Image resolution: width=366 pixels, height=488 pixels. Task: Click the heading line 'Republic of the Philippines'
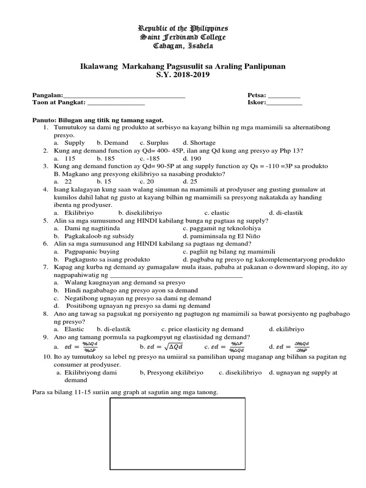click(183, 28)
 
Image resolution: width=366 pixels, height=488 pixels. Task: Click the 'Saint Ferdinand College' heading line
click(183, 37)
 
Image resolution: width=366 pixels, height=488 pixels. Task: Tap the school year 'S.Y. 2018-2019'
click(183, 75)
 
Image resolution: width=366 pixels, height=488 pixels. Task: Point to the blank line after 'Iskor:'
click(284, 103)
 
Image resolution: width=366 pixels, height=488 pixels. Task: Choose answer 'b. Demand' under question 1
click(112, 143)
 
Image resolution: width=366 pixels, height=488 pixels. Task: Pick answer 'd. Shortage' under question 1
click(199, 143)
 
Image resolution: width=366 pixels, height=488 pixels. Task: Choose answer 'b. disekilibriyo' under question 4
click(140, 213)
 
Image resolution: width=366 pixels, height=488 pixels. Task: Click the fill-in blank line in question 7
click(176, 275)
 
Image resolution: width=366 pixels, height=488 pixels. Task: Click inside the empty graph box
click(178, 441)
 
